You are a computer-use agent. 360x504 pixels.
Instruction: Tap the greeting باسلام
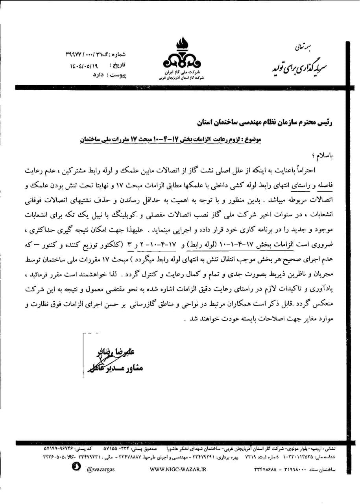325,156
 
